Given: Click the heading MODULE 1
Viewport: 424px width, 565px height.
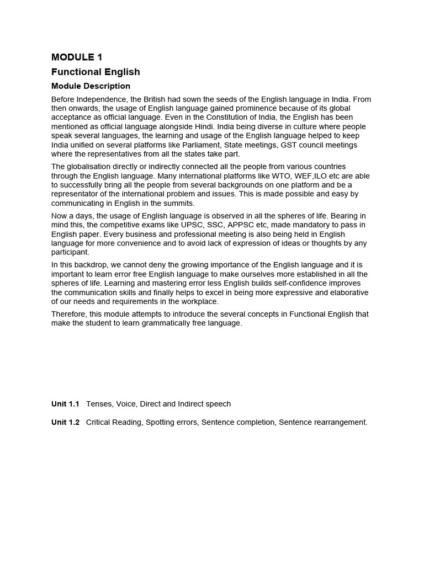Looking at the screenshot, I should point(77,57).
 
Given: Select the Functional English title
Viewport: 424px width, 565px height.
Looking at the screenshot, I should point(96,72).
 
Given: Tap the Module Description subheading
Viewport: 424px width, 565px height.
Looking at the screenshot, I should point(91,86).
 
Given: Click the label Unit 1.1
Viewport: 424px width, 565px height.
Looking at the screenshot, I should point(65,404).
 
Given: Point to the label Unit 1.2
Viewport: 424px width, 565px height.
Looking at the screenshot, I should point(65,422).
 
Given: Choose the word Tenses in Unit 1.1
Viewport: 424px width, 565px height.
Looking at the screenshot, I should point(99,404).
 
